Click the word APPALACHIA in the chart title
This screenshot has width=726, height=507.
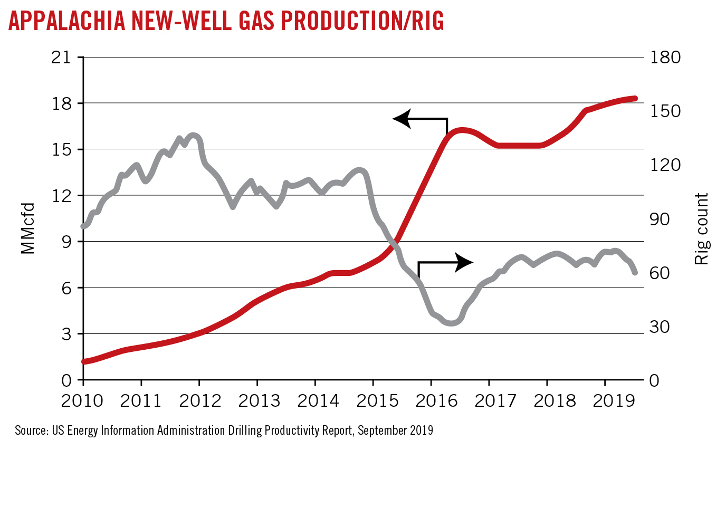click(67, 21)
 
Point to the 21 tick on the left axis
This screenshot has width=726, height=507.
click(61, 57)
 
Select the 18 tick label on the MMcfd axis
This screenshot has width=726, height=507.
click(61, 103)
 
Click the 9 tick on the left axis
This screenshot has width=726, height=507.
click(66, 242)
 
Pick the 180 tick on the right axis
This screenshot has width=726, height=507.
click(665, 57)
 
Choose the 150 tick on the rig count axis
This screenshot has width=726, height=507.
click(665, 111)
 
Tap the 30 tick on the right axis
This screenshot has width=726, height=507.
click(660, 327)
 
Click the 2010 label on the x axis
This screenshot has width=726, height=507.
click(82, 401)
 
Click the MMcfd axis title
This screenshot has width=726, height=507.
click(28, 228)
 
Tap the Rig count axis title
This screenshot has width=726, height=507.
click(701, 228)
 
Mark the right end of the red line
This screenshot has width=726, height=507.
click(635, 99)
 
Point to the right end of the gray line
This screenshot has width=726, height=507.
click(635, 272)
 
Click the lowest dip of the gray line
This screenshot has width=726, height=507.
click(453, 323)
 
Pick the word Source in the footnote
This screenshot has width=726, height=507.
click(31, 431)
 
